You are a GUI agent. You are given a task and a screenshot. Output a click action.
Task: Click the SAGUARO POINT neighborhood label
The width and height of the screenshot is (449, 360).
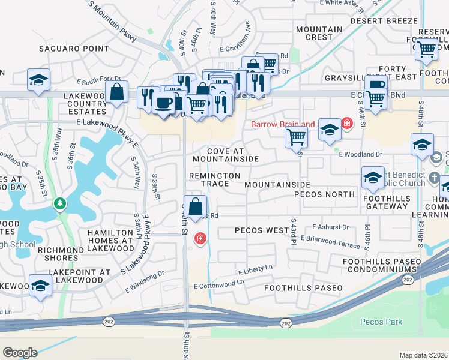(74, 49)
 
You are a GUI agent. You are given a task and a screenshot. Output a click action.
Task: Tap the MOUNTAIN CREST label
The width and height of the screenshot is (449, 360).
(319, 33)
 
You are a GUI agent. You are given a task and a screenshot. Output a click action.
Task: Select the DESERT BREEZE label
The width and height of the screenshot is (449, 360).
(384, 20)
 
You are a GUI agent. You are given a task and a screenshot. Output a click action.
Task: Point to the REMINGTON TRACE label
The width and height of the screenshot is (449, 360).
(215, 179)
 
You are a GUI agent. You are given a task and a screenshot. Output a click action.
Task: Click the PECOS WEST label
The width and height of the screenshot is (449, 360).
(261, 230)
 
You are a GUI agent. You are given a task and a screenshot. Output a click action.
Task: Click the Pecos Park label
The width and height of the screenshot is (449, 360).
(381, 322)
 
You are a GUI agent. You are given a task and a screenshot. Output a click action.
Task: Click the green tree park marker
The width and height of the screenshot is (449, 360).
(59, 204)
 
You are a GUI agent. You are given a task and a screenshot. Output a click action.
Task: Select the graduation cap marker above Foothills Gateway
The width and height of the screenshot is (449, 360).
(372, 178)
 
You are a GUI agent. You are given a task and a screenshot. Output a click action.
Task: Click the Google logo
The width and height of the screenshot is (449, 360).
(20, 353)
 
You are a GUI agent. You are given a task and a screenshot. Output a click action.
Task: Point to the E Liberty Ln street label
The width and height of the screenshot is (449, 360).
(255, 269)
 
